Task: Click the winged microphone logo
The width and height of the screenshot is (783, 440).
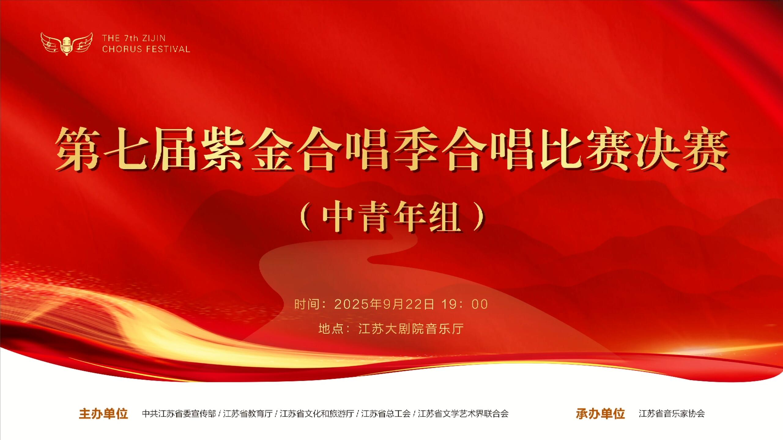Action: point(67,44)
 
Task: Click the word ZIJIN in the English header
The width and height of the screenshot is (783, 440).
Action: point(154,38)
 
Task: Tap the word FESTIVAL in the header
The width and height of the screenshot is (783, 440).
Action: point(168,49)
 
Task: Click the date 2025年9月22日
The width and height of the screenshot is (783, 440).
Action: point(384,304)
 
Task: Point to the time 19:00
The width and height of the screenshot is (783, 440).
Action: point(465,304)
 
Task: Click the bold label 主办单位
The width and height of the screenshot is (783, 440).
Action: point(103,413)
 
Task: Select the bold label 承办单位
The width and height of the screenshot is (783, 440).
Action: point(600,413)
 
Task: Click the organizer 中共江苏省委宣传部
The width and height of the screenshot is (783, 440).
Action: point(179,413)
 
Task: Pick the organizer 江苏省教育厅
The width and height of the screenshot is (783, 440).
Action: point(248,413)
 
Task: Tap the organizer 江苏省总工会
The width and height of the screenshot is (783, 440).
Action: point(386,413)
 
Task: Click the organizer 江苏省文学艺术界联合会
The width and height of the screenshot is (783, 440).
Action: point(463,413)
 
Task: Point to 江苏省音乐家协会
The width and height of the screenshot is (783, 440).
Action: point(672,413)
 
